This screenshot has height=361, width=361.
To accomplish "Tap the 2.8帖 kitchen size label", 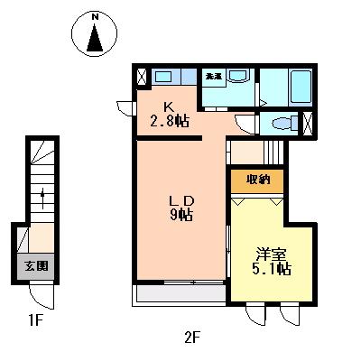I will (169, 120).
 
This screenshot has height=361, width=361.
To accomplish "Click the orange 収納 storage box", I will (258, 179).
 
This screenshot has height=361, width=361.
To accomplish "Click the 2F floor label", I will (190, 338).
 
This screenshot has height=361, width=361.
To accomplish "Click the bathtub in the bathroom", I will (300, 88).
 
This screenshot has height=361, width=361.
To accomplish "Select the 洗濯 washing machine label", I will (214, 76).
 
